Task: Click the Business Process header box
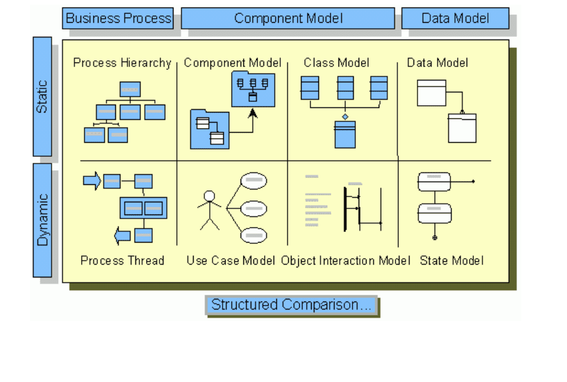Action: click(118, 19)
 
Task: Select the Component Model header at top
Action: click(288, 19)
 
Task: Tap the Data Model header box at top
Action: click(455, 19)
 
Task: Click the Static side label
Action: click(42, 97)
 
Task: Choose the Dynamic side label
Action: click(42, 220)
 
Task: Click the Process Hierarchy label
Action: click(122, 63)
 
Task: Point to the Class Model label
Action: click(336, 62)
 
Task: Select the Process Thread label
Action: click(122, 261)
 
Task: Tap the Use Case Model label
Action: click(231, 261)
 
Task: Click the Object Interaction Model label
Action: click(346, 261)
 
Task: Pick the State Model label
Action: click(452, 261)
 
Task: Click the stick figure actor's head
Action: click(209, 196)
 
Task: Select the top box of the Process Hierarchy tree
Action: click(130, 89)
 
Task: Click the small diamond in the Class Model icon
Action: click(345, 117)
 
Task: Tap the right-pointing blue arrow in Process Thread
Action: click(92, 180)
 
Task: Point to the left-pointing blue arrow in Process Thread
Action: click(122, 236)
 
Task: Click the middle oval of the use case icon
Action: click(254, 208)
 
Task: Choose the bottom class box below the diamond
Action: click(345, 135)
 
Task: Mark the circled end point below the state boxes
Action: click(435, 238)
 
